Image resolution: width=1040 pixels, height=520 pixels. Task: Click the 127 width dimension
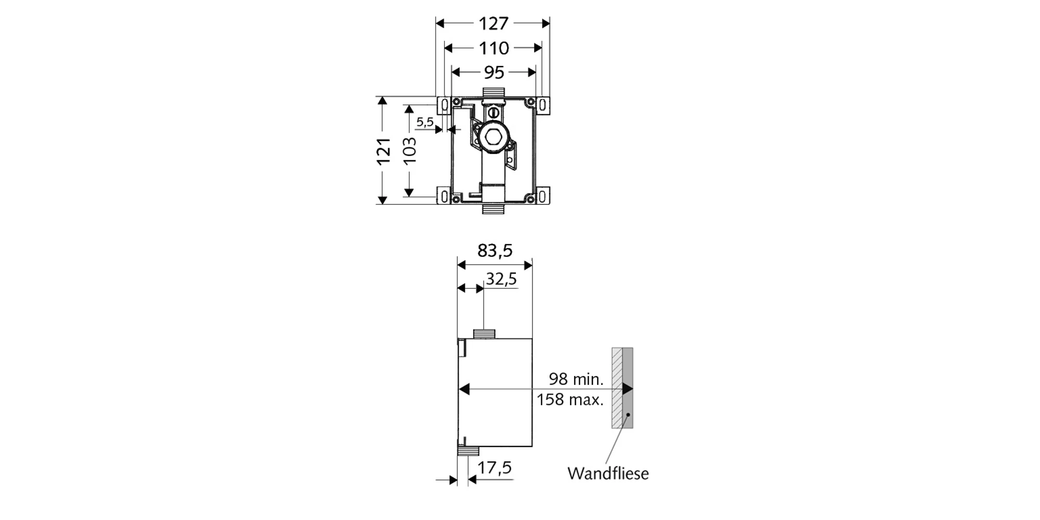(493, 23)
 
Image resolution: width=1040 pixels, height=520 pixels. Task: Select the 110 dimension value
(493, 48)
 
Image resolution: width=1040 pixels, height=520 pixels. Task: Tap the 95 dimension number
(494, 72)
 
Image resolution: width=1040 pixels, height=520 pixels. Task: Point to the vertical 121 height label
(384, 151)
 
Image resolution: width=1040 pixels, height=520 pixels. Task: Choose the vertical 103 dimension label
(410, 151)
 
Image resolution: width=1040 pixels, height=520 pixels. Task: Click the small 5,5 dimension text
(425, 122)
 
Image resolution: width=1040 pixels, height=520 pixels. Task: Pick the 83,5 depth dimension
(495, 251)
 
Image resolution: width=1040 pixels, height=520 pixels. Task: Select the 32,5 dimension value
(501, 279)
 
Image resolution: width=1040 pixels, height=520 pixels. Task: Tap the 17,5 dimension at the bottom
(495, 468)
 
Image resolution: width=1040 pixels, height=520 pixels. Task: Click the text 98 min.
(576, 379)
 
